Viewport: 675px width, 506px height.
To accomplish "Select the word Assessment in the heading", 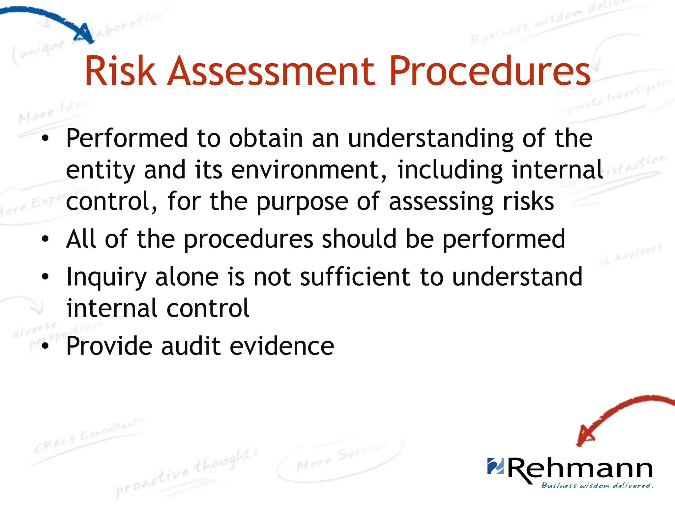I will point(271,71).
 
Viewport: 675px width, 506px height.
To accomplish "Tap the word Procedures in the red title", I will point(490,71).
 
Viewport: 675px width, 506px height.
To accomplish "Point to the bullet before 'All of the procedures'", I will point(45,239).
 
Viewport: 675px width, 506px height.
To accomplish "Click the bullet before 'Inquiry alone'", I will point(45,277).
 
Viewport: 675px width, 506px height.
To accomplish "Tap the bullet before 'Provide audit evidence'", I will point(45,346).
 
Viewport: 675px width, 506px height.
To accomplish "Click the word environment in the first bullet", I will point(305,170).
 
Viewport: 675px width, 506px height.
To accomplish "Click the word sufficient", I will point(355,277).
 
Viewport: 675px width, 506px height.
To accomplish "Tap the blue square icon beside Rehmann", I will point(495,466).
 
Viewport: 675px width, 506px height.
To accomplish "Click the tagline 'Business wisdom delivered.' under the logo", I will point(597,486).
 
